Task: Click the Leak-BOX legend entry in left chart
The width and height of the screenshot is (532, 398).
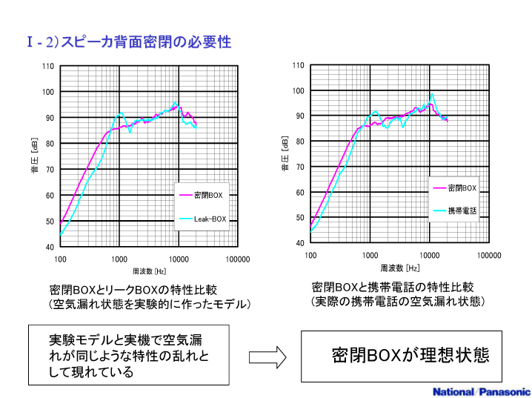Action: coord(210,219)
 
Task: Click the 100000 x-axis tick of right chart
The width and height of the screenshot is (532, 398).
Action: coord(488,255)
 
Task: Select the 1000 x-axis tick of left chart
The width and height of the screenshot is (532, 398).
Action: coord(119,259)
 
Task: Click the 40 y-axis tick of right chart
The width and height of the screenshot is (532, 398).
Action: coord(299,243)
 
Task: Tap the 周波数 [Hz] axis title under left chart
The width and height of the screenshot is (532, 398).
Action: coord(150,271)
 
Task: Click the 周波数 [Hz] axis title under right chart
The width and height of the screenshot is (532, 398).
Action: coord(400,268)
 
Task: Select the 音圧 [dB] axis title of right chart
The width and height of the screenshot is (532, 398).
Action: coord(285,154)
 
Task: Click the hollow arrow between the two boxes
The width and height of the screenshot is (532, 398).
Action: coord(267,357)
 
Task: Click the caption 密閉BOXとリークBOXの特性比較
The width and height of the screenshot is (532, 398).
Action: coord(133,289)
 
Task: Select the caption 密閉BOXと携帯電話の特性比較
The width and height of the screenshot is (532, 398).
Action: coord(393,286)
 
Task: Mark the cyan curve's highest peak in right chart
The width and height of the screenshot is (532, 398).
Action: coord(432,93)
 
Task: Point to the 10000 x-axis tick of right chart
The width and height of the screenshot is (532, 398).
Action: coord(430,255)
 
